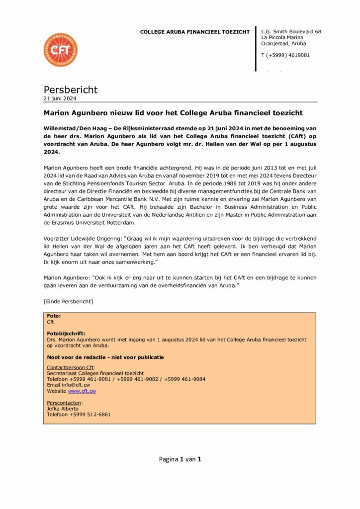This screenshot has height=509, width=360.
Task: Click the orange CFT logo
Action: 60,50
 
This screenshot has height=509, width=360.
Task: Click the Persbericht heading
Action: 71,89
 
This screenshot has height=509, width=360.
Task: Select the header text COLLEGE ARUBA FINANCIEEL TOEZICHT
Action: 194,32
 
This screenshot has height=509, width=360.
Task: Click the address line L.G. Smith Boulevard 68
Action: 291,32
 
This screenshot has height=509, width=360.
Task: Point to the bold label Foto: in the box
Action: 53,316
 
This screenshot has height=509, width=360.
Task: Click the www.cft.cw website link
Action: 82,391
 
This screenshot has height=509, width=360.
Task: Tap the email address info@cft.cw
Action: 77,385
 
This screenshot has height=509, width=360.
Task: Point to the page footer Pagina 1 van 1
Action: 180,459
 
